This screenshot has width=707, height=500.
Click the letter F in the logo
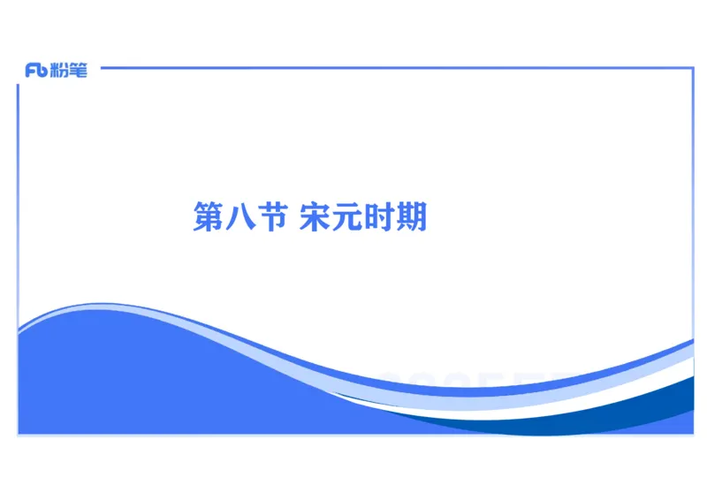[32, 72]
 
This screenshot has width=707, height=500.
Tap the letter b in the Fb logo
[42, 72]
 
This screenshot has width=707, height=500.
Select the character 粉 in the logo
[59, 71]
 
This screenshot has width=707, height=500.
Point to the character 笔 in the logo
[78, 71]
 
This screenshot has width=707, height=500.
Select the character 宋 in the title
[315, 216]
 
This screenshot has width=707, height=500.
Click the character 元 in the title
[347, 216]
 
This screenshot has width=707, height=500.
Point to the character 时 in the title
[380, 216]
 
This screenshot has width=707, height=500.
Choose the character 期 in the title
[412, 216]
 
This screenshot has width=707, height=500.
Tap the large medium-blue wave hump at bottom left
[133, 380]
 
